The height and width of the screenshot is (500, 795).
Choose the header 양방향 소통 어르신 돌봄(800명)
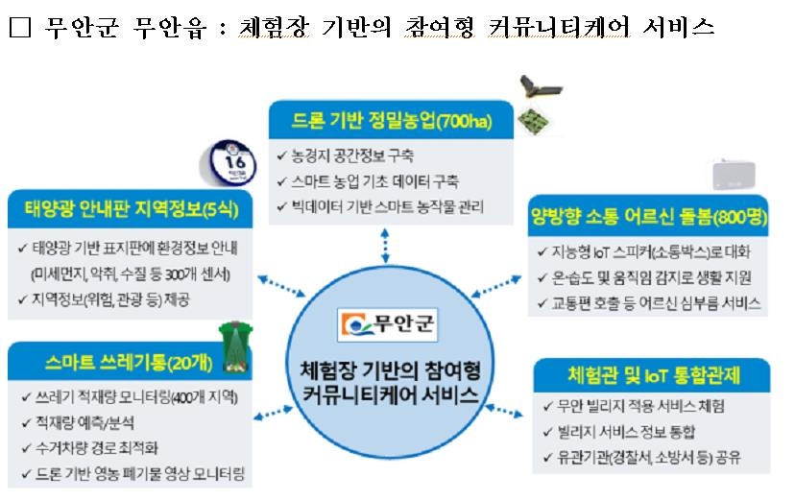pyautogui.click(x=649, y=216)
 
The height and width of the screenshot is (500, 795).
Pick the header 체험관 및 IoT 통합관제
pyautogui.click(x=648, y=372)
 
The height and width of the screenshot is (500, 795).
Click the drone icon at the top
pyautogui.click(x=535, y=88)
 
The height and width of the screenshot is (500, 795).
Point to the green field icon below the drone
pyautogui.click(x=532, y=120)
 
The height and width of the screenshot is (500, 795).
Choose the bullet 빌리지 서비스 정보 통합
pyautogui.click(x=625, y=431)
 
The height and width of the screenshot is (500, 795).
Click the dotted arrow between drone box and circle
pyautogui.click(x=385, y=247)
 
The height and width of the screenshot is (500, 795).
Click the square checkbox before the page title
pyautogui.click(x=19, y=28)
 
